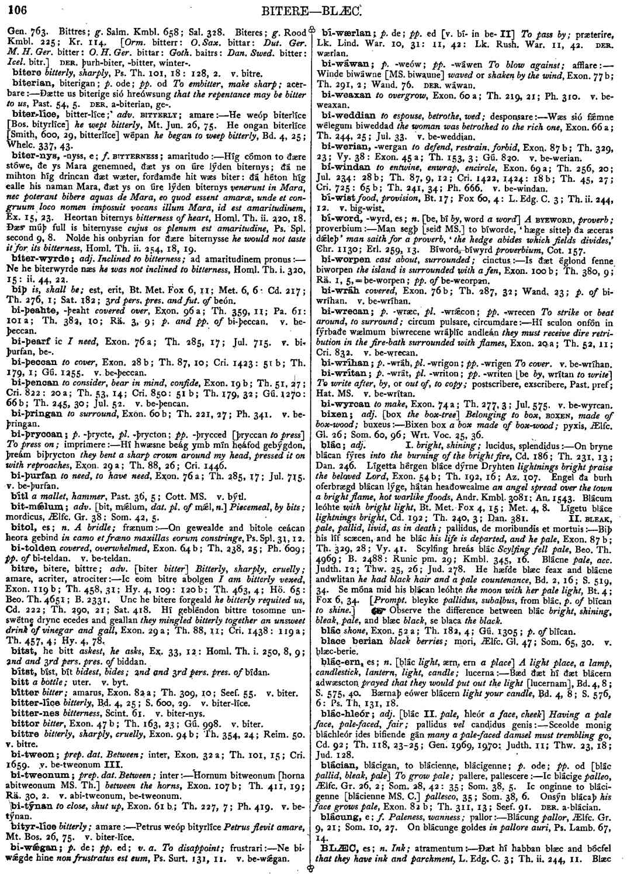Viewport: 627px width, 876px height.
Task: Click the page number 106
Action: [16, 9]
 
